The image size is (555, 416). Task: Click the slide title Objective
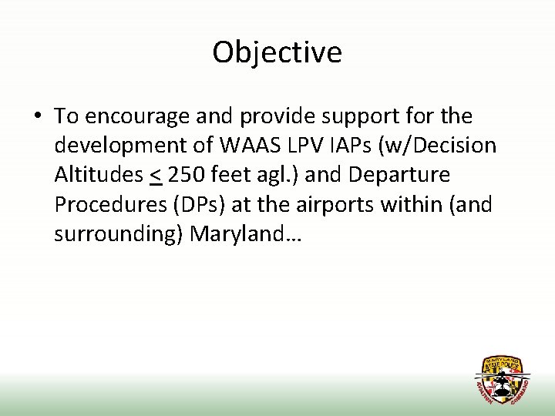point(277,52)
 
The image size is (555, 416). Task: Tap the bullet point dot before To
point(37,117)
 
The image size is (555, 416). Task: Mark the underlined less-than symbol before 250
point(155,176)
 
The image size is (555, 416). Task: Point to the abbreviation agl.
point(277,175)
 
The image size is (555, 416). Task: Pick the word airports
point(328,204)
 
